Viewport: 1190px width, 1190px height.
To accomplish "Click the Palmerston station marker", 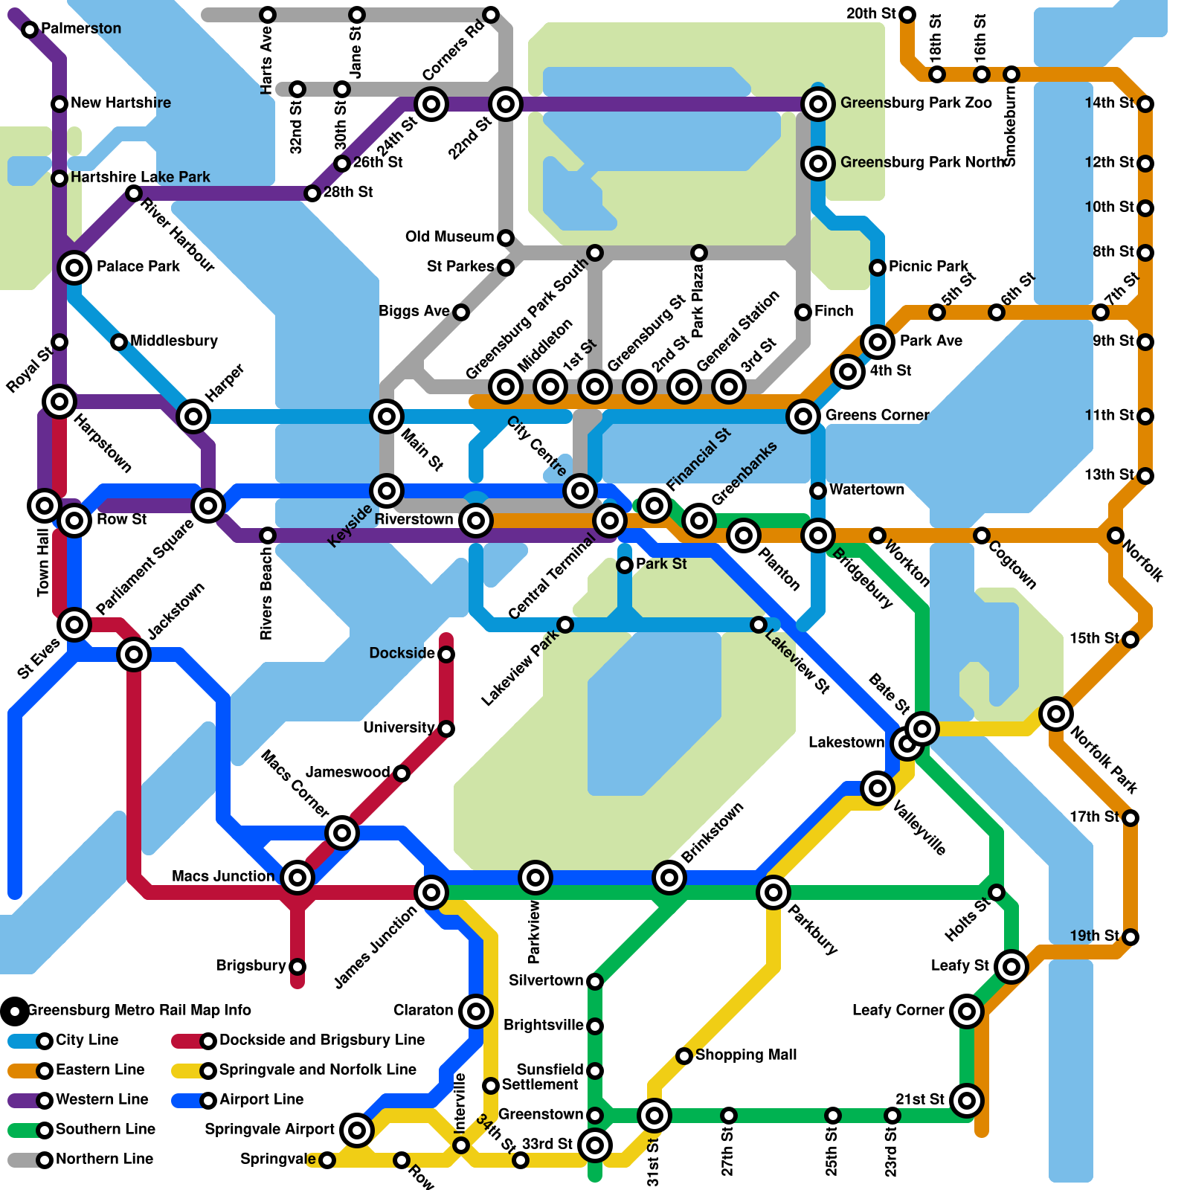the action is [30, 30].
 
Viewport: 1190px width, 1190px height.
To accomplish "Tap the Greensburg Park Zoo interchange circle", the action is [818, 104].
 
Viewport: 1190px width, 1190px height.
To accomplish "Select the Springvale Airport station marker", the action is [357, 1130].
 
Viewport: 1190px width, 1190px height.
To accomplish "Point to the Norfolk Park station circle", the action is [1055, 714].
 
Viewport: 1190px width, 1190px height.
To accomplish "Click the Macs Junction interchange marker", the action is [297, 878].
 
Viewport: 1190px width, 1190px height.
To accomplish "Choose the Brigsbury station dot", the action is [297, 967].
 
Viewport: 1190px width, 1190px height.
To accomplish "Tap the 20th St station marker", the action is [907, 15].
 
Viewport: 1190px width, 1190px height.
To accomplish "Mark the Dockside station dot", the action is [446, 654].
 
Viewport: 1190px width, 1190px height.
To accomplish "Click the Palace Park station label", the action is [138, 266].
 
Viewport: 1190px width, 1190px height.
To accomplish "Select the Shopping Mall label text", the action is [745, 1055].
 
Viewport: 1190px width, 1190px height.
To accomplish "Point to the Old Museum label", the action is [449, 237].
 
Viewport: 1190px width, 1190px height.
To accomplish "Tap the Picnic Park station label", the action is [928, 266].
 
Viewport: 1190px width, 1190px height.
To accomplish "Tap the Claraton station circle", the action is [476, 1011].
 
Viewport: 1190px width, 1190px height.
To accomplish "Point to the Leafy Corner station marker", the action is [967, 1011].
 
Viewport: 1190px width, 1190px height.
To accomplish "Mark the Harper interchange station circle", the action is [193, 416].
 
